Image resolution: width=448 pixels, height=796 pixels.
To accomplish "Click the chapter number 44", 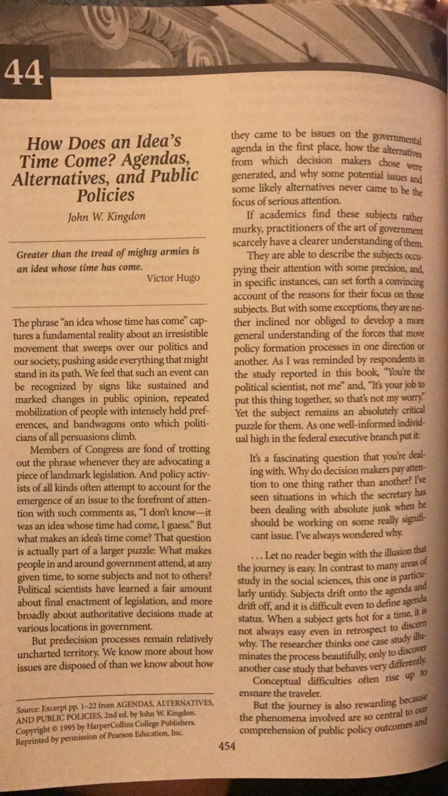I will tap(24, 74).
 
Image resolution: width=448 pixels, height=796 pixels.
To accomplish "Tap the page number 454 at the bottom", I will tap(227, 745).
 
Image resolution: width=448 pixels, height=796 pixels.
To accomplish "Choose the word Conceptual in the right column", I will tap(281, 681).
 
